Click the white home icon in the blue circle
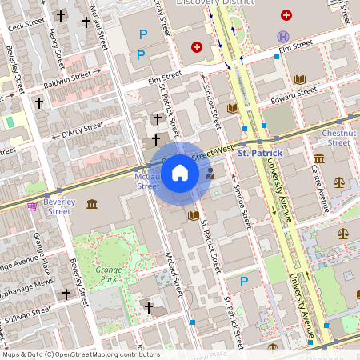coord(180,172)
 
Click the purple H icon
coord(282,36)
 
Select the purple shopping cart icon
coord(32,206)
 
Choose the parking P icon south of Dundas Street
coord(245,282)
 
